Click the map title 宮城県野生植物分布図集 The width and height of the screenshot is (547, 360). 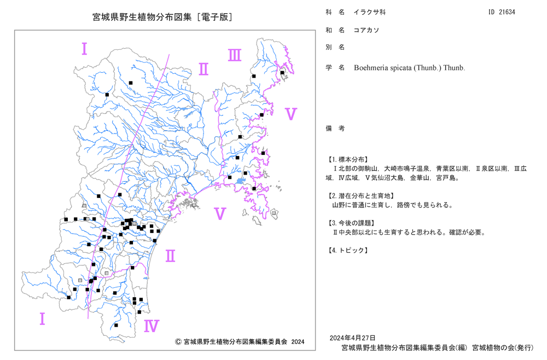click(x=142, y=17)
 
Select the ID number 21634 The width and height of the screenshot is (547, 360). click(x=507, y=12)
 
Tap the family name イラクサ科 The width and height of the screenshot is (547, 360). click(x=370, y=12)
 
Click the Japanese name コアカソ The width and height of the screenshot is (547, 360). click(x=366, y=30)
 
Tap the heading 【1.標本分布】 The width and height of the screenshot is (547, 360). click(x=347, y=159)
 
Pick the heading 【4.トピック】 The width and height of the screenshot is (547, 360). click(x=347, y=250)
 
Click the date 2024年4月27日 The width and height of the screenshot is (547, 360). click(x=352, y=338)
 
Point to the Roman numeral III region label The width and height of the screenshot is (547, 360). click(x=235, y=55)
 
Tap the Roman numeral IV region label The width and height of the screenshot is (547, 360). click(x=152, y=326)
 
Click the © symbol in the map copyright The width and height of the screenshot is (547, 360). click(x=178, y=342)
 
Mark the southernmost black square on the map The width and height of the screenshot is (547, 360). click(x=116, y=326)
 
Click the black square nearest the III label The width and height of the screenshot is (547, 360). click(x=254, y=76)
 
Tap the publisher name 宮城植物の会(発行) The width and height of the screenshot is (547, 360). click(x=503, y=348)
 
